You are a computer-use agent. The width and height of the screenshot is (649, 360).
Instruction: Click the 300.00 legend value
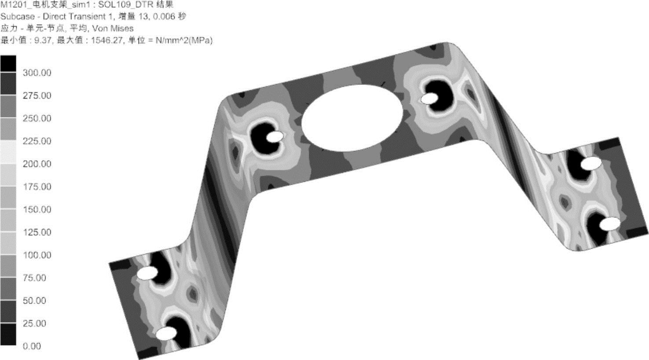pyautogui.click(x=37, y=73)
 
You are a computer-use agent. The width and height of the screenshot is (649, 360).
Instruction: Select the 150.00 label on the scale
pyautogui.click(x=37, y=209)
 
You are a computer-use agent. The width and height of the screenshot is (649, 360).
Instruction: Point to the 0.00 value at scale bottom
pyautogui.click(x=32, y=346)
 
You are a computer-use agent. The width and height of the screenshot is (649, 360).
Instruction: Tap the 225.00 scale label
pyautogui.click(x=37, y=141)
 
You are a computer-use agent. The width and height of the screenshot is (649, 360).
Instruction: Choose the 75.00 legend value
pyautogui.click(x=34, y=278)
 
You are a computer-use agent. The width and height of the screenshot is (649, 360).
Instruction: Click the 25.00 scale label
pyautogui.click(x=34, y=323)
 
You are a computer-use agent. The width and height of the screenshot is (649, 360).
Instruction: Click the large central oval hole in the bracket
pyautogui.click(x=352, y=118)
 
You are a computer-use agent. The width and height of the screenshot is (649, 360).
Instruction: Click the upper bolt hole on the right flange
pyautogui.click(x=591, y=164)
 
